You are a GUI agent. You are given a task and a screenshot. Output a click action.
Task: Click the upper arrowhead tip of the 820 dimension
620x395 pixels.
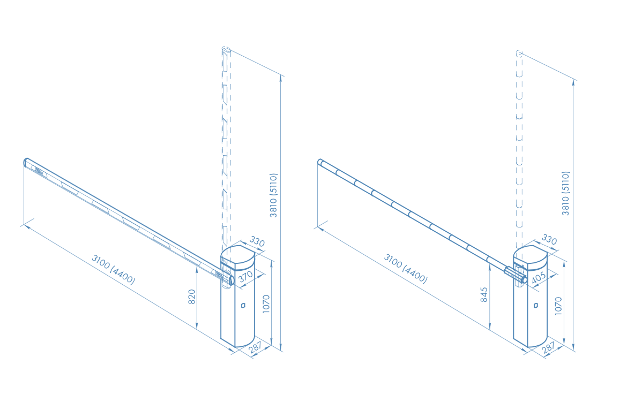(x=197, y=266)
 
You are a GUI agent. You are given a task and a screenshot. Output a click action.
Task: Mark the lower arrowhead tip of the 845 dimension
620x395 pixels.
(x=489, y=329)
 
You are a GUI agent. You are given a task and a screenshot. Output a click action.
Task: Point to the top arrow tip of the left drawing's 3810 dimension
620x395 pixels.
(x=281, y=76)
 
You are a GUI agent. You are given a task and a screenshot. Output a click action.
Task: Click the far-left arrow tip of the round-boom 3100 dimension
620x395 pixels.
(x=318, y=227)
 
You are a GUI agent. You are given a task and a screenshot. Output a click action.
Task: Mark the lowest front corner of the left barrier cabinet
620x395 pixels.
(x=236, y=347)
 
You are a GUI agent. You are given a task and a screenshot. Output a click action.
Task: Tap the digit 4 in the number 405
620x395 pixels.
(x=534, y=280)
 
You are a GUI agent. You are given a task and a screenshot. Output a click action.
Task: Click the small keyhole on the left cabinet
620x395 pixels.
(x=243, y=305)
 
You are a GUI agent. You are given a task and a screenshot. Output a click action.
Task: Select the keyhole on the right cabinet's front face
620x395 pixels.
(x=535, y=305)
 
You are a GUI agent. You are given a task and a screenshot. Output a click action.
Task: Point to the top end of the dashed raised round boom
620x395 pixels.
(x=520, y=53)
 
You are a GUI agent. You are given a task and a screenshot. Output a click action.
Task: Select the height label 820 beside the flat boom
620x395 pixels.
(x=192, y=297)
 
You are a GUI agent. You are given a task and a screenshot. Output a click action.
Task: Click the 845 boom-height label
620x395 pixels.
(x=484, y=295)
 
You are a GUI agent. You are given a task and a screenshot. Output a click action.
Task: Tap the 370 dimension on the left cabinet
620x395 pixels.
(x=245, y=276)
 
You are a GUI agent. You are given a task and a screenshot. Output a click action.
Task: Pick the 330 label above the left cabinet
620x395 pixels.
(x=257, y=241)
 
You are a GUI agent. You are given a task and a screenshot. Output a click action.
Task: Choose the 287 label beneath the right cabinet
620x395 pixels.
(x=548, y=348)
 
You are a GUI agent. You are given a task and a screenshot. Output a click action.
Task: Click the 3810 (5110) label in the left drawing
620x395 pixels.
(x=274, y=195)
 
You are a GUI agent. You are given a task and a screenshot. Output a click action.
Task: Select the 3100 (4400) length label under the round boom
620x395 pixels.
(x=406, y=269)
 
